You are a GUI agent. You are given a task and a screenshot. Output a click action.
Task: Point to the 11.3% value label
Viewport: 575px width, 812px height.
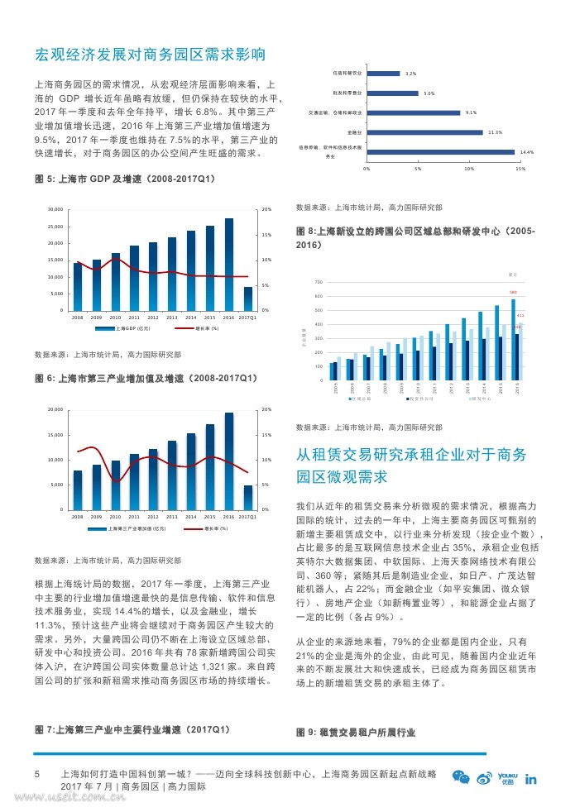496,132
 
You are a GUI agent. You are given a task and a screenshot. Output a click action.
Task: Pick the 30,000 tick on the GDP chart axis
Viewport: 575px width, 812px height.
55,210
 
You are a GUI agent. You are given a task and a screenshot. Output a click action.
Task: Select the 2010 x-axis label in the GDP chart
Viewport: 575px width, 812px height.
115,318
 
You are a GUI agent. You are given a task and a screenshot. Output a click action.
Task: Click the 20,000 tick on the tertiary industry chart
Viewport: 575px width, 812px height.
55,409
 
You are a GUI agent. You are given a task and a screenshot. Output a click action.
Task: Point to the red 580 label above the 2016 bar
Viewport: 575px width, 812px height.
513,293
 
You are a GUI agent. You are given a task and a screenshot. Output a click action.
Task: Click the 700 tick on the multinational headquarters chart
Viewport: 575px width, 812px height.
319,283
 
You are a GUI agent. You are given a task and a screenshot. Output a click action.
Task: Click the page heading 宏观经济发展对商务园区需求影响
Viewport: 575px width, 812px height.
150,55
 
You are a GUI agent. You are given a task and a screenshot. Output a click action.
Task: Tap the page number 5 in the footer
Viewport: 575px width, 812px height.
36,775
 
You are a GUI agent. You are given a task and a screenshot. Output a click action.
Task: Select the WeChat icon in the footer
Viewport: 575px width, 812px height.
461,777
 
